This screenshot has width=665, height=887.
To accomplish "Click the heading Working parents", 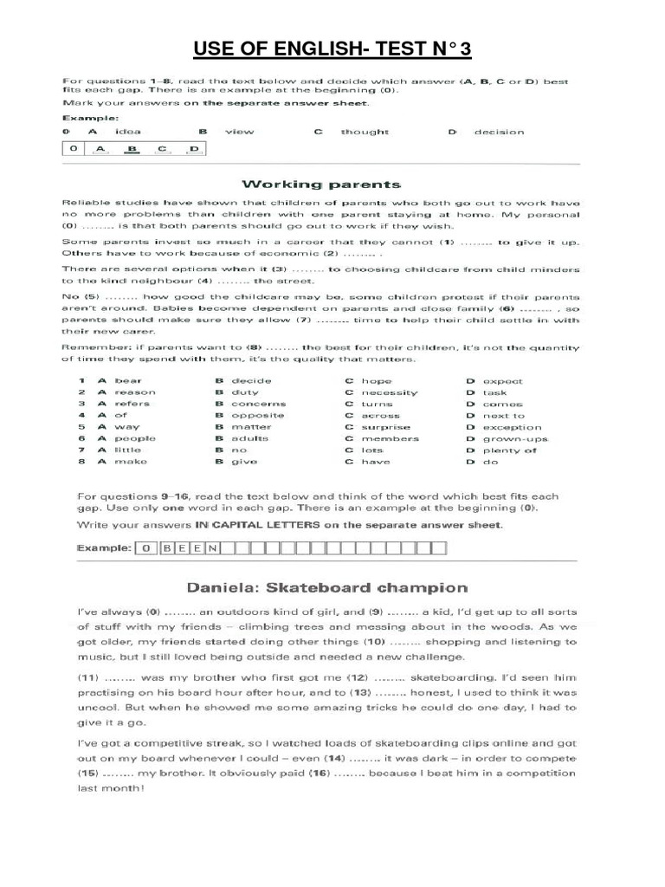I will point(321,184).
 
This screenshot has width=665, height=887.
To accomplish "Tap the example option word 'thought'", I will point(365,133).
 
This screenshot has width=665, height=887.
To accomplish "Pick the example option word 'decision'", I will point(498,133).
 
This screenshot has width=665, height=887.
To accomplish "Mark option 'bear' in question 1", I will point(127,381).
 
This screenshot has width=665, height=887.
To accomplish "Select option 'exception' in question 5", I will point(512,427).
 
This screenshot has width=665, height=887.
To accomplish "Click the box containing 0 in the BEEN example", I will point(147,547).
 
